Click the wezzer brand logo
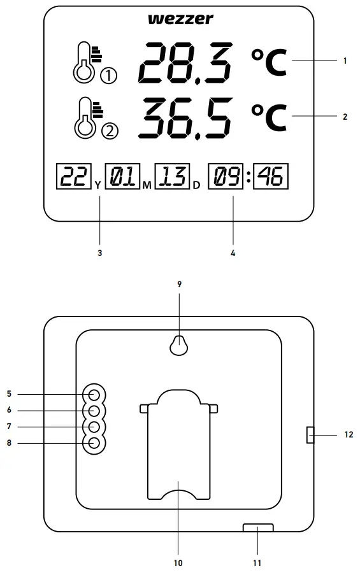180,20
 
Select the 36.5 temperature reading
185,118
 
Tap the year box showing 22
75,177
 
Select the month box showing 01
121,177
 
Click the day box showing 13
171,177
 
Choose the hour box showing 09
226,177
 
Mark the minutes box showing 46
271,177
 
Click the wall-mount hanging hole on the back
179,344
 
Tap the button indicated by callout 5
94,394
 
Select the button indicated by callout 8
94,443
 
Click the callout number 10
178,563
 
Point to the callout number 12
348,436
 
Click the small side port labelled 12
309,435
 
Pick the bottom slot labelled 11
258,528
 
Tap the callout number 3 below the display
99,253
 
